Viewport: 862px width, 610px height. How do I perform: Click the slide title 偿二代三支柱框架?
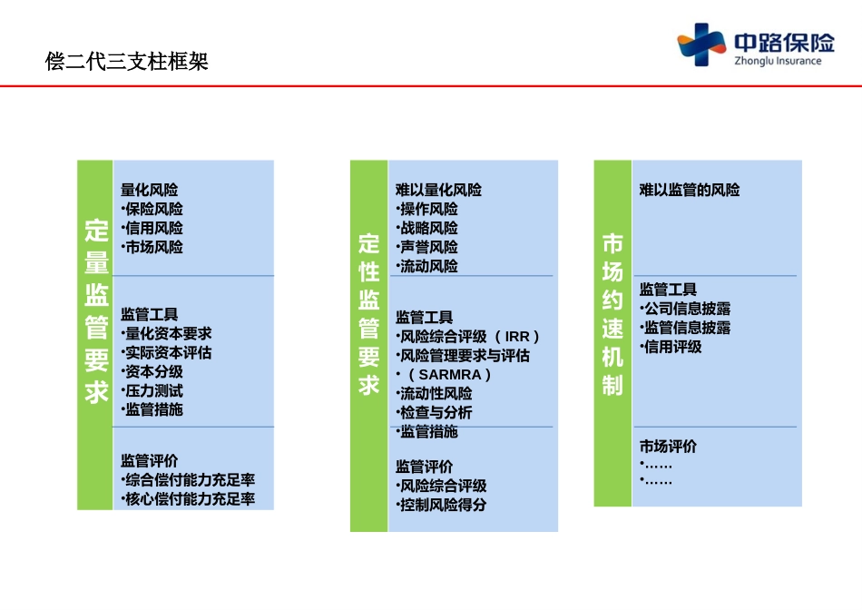(127, 62)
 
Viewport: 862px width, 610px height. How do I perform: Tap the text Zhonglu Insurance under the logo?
(778, 62)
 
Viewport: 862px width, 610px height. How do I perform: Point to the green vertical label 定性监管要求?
(368, 313)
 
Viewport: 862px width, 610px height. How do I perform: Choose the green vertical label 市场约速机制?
(612, 314)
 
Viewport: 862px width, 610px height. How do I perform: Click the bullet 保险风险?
(153, 209)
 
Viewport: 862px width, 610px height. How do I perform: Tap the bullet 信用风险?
(153, 228)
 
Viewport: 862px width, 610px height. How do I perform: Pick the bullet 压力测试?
(153, 390)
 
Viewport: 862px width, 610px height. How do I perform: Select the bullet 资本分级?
(153, 371)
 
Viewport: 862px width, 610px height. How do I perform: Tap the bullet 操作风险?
(428, 209)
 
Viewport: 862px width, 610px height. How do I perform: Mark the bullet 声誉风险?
(428, 247)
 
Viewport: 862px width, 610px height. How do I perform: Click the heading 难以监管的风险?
(690, 190)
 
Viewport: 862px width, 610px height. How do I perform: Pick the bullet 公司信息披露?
(687, 309)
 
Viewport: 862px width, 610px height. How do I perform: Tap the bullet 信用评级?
(672, 347)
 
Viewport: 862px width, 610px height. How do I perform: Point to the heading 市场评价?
(669, 447)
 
